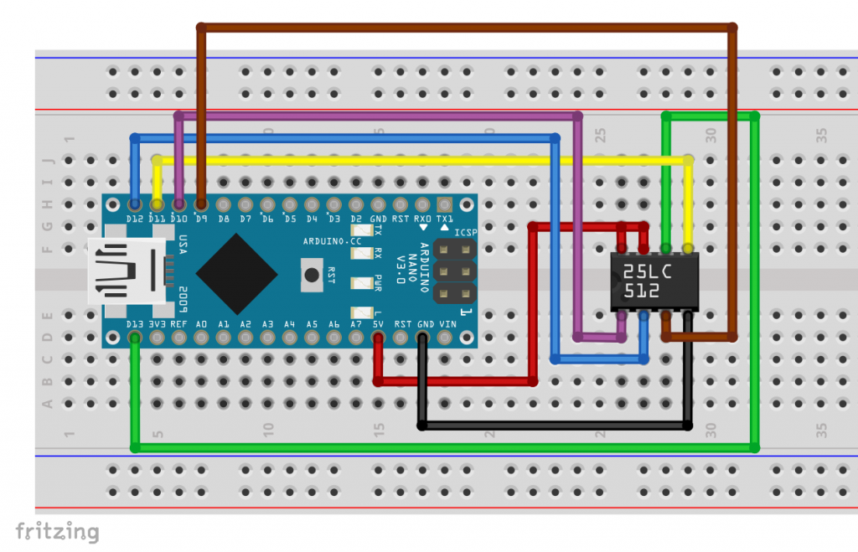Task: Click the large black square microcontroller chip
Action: click(x=237, y=273)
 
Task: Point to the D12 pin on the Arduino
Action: click(x=135, y=204)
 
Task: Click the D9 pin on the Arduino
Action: click(x=201, y=204)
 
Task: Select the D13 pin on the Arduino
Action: click(x=135, y=338)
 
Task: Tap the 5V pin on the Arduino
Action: click(x=378, y=338)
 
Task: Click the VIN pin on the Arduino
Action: click(x=445, y=338)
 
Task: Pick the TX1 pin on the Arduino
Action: click(x=444, y=204)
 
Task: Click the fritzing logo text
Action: click(x=57, y=531)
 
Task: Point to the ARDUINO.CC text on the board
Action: click(x=333, y=240)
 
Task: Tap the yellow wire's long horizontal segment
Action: click(x=419, y=159)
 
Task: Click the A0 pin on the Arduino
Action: click(x=201, y=338)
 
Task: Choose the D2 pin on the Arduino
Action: click(x=356, y=204)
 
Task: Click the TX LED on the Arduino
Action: click(x=361, y=230)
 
